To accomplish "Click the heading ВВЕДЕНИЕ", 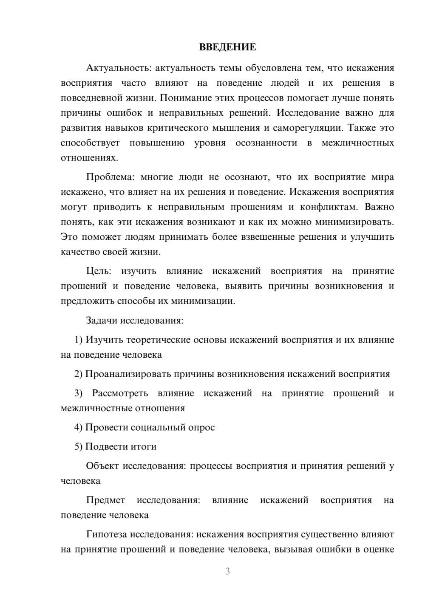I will point(227,47).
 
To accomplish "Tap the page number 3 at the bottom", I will point(227,571).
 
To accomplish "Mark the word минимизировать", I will point(354,222).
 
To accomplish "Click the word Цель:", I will point(99,271).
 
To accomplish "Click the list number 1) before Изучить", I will point(78,340).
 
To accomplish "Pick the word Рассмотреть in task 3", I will point(120,393).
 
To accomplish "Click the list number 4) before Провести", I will point(78,427).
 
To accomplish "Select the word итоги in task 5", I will point(143,446).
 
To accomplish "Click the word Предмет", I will point(105,500).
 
